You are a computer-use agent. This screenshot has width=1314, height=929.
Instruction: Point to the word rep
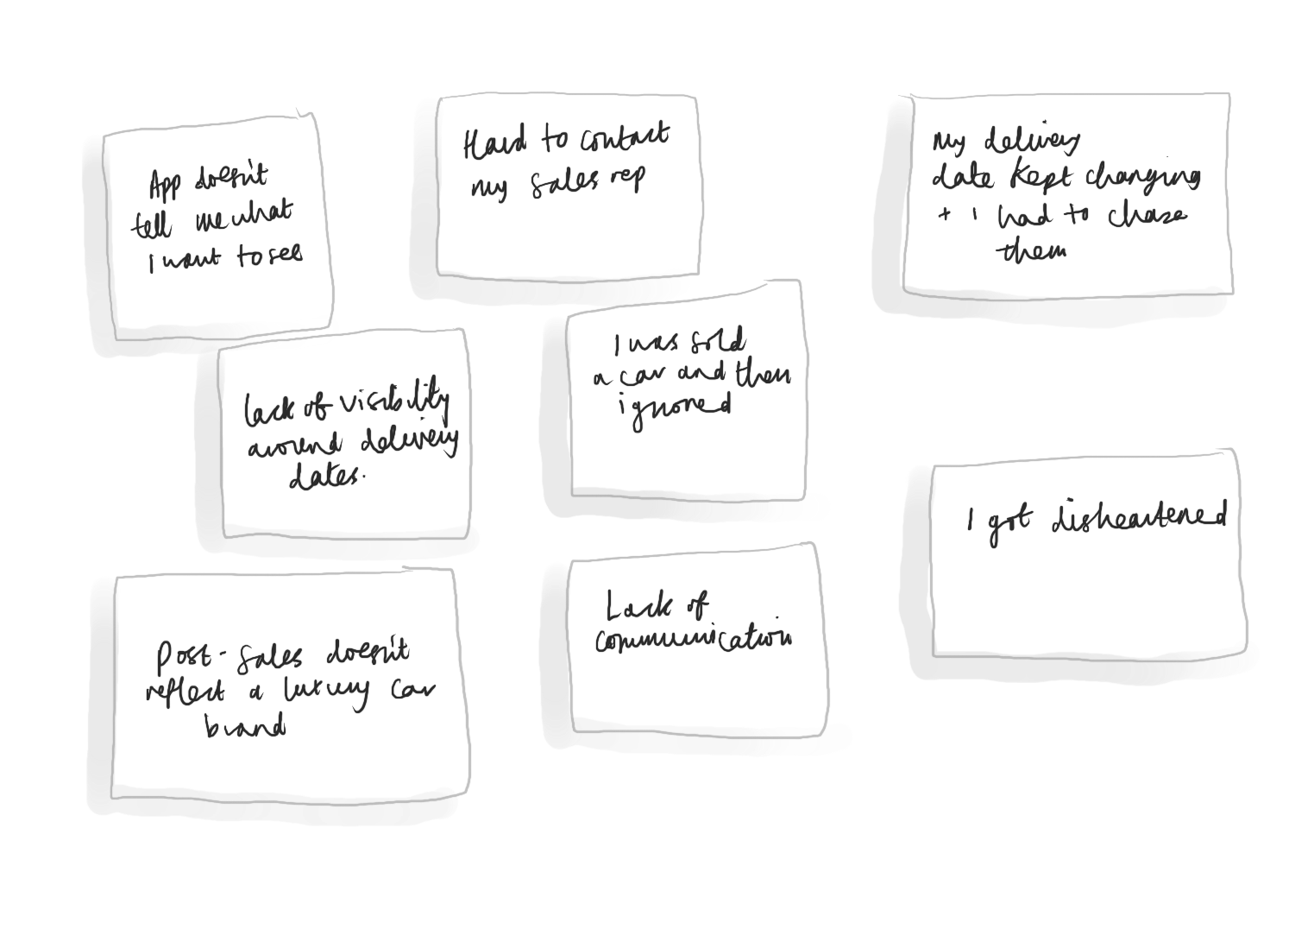click(629, 180)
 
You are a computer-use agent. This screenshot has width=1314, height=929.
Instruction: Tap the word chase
click(1147, 217)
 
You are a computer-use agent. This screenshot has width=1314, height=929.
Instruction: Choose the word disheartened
click(1139, 519)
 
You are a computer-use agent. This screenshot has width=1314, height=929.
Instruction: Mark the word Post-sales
click(229, 660)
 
